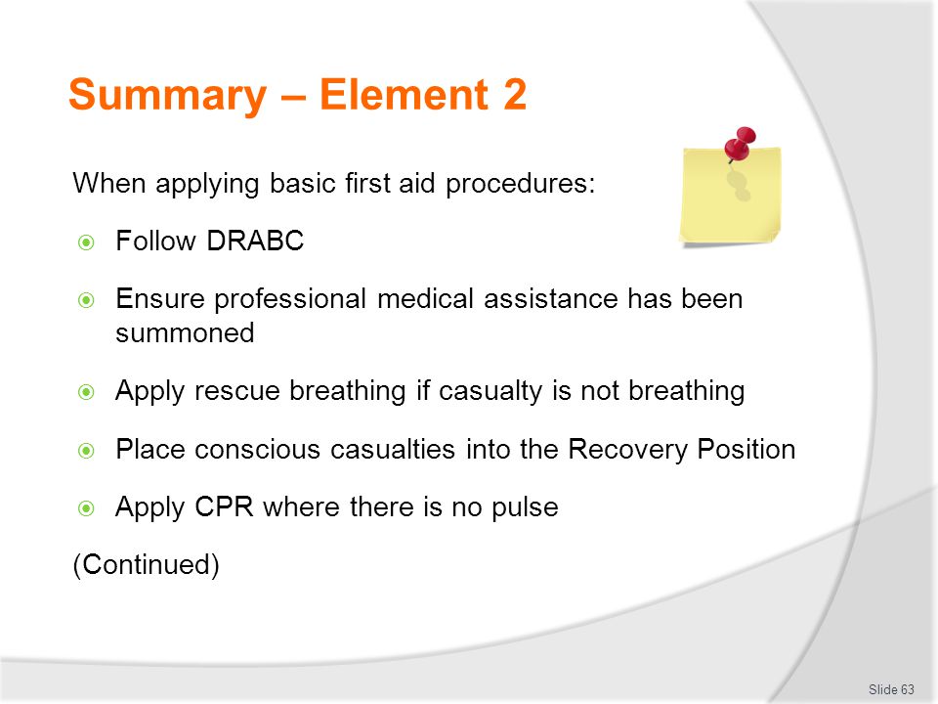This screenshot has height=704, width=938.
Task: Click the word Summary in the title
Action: (x=168, y=95)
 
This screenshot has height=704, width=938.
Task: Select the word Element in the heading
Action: (x=405, y=94)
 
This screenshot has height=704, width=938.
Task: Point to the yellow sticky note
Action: (x=730, y=197)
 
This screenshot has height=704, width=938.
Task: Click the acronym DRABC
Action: (x=255, y=241)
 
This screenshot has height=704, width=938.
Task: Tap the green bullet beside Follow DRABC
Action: (x=87, y=242)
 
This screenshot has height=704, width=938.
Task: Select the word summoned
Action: (x=185, y=332)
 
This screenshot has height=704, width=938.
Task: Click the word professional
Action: (x=290, y=299)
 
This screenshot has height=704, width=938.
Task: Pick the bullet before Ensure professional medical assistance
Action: (x=87, y=300)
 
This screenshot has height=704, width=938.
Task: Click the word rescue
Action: (x=236, y=391)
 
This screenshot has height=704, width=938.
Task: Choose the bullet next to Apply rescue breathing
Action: (x=87, y=392)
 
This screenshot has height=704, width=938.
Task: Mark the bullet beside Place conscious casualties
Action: (x=87, y=450)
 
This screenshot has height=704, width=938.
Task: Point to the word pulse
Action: (x=525, y=508)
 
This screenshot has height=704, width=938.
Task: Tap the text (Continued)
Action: (x=146, y=564)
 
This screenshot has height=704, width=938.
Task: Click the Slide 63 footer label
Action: (x=891, y=689)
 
